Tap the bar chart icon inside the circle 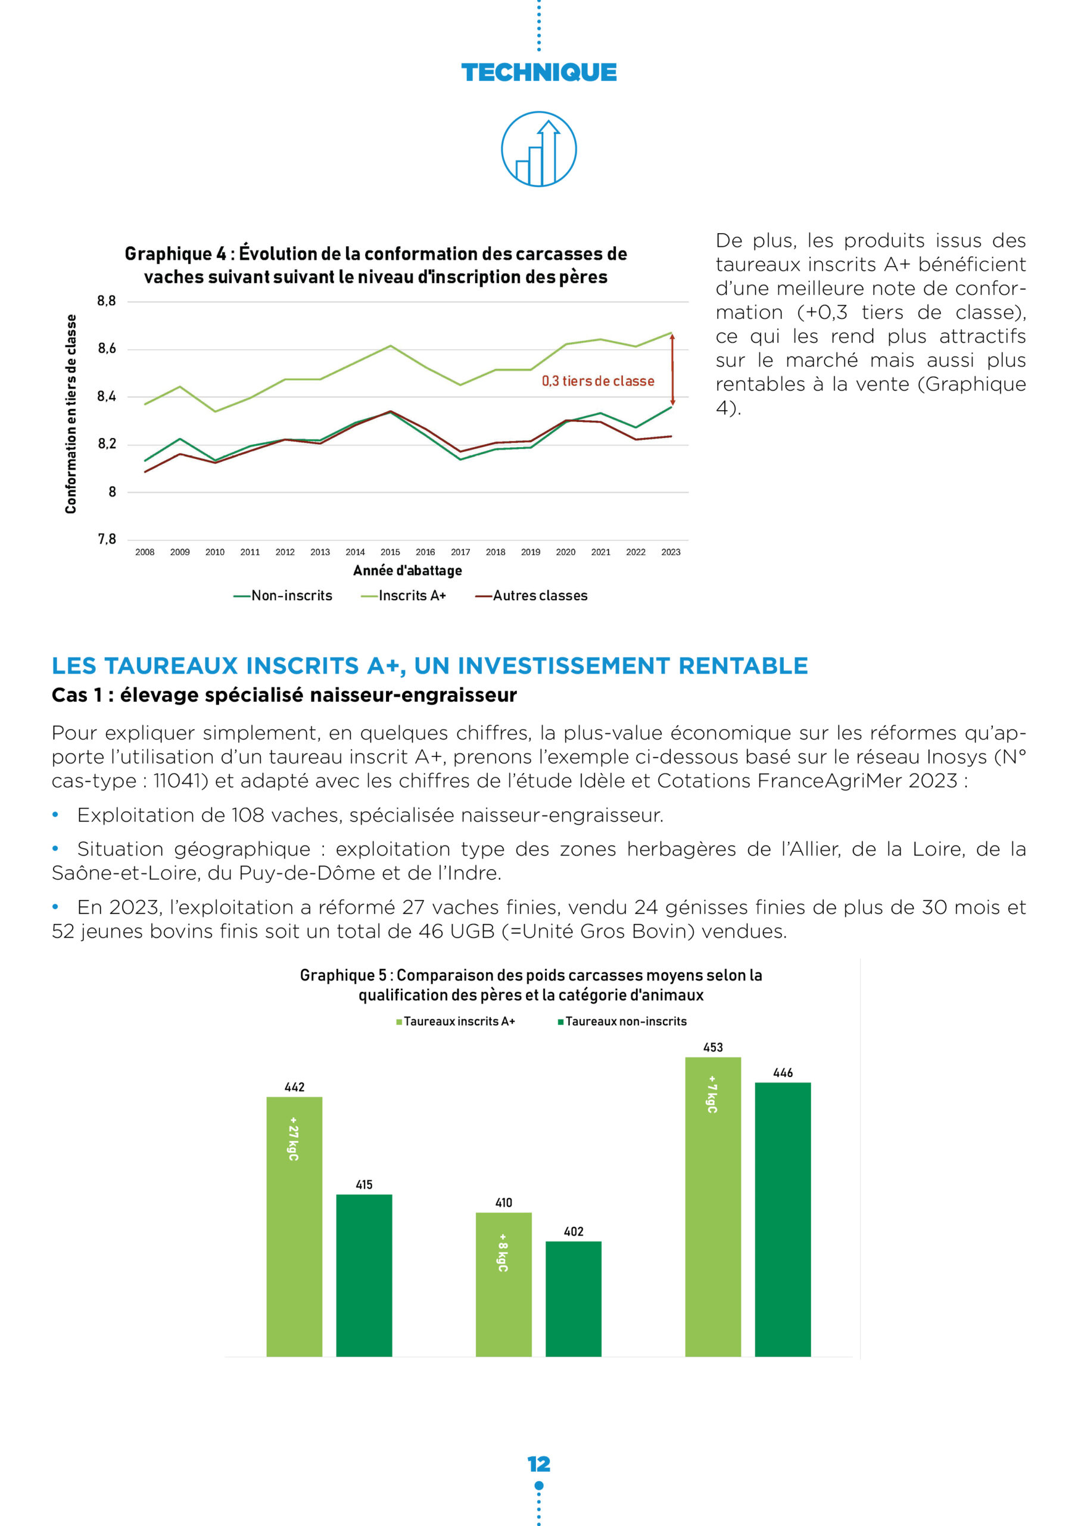(x=538, y=149)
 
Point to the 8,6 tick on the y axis (x=106, y=349)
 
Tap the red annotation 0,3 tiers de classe (x=598, y=381)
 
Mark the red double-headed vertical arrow (x=672, y=370)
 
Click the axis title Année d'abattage (x=407, y=571)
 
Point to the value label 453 (x=713, y=1047)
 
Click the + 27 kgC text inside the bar (x=294, y=1139)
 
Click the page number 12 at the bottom (x=538, y=1464)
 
